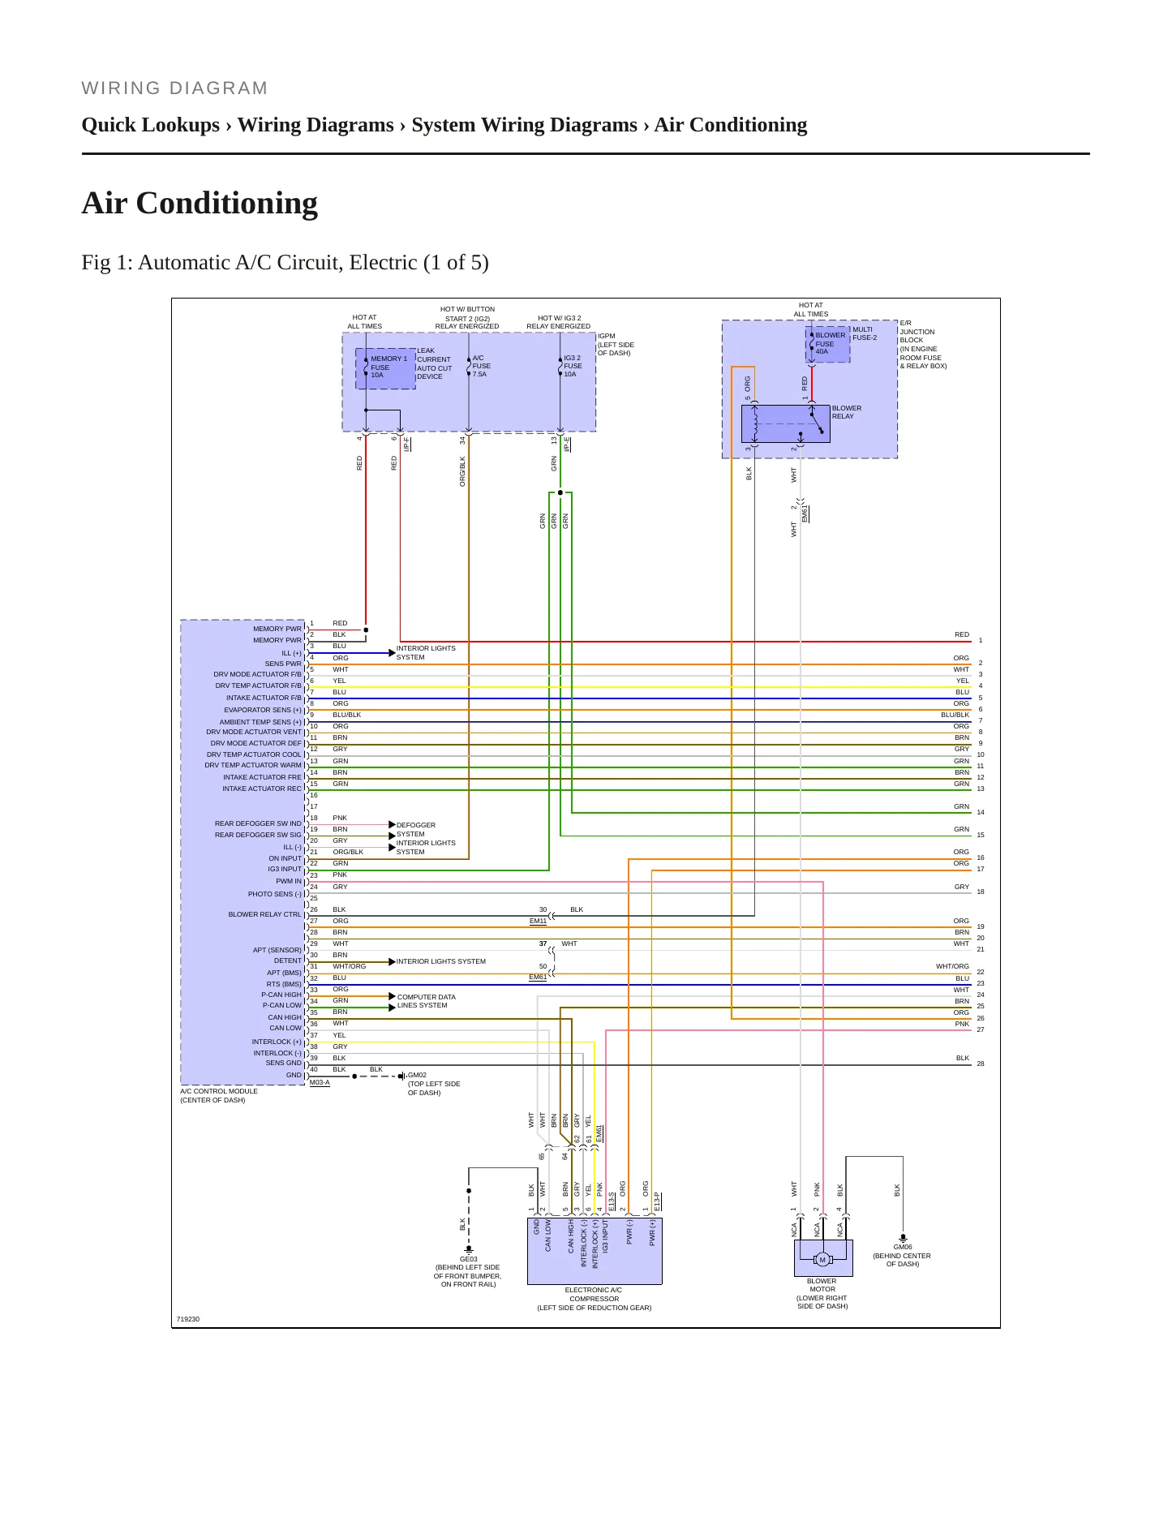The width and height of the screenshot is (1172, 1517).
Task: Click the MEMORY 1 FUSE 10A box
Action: pyautogui.click(x=385, y=368)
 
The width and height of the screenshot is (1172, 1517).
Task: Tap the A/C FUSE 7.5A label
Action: pyautogui.click(x=481, y=366)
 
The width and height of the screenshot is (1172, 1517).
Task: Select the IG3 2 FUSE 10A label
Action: pyautogui.click(x=573, y=366)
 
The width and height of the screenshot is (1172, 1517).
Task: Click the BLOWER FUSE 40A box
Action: pyautogui.click(x=828, y=344)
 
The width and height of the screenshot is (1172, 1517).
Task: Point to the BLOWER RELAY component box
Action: pyautogui.click(x=785, y=423)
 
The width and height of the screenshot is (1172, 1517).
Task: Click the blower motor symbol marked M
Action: pyautogui.click(x=822, y=1260)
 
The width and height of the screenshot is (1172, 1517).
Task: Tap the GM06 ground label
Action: pyautogui.click(x=903, y=1247)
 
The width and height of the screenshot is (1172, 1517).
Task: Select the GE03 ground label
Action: pyautogui.click(x=469, y=1259)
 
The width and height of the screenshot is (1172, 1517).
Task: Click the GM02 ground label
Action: pyautogui.click(x=417, y=1075)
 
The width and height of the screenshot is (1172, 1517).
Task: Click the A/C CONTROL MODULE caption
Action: pyautogui.click(x=219, y=1095)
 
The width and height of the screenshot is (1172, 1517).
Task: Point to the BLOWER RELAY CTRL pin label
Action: pyautogui.click(x=264, y=914)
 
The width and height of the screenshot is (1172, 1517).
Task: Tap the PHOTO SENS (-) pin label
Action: pyautogui.click(x=275, y=894)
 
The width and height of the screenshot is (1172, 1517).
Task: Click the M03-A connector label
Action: pyautogui.click(x=320, y=1082)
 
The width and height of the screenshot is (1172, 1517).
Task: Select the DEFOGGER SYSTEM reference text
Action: pyautogui.click(x=416, y=829)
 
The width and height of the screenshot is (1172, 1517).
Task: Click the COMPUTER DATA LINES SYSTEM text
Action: pyautogui.click(x=427, y=1001)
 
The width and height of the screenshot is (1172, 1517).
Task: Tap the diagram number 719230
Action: pyautogui.click(x=188, y=1319)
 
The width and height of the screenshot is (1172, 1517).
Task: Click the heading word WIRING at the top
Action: pyautogui.click(x=113, y=88)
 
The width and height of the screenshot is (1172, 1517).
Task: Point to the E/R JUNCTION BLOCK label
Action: pyautogui.click(x=923, y=345)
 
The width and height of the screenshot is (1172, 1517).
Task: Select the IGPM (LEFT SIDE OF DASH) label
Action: pyautogui.click(x=616, y=344)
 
